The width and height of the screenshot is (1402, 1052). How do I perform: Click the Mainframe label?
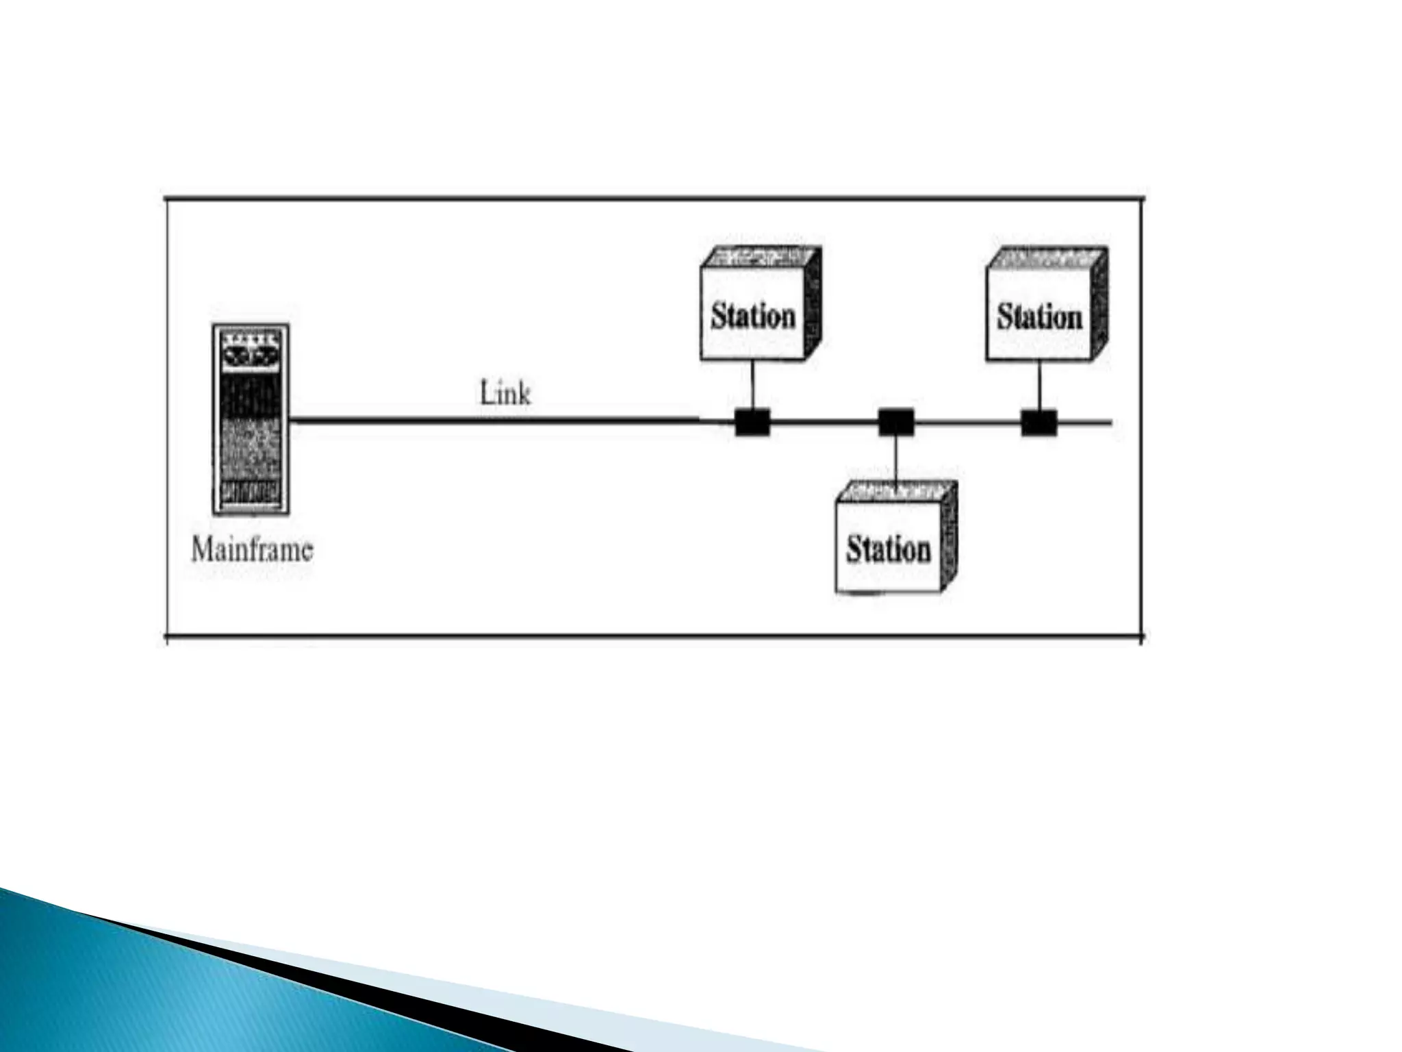pyautogui.click(x=252, y=550)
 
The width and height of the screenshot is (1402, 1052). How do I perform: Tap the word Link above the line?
pyautogui.click(x=505, y=394)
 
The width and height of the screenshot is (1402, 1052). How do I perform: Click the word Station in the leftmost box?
pyautogui.click(x=753, y=316)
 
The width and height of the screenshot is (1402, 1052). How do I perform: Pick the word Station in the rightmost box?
pyautogui.click(x=1039, y=317)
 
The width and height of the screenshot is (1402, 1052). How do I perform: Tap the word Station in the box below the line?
pyautogui.click(x=889, y=549)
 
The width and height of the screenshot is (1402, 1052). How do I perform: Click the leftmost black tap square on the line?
pyautogui.click(x=753, y=422)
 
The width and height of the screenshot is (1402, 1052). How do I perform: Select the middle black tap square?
pyautogui.click(x=896, y=422)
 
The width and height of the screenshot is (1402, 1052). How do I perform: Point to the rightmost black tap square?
pyautogui.click(x=1039, y=422)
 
